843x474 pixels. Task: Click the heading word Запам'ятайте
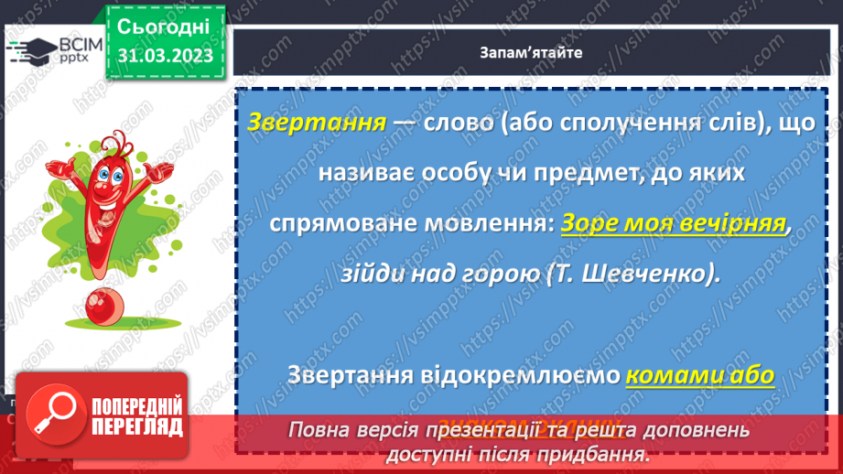(x=530, y=52)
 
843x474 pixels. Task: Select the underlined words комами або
(x=700, y=375)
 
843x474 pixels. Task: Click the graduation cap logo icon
(x=29, y=51)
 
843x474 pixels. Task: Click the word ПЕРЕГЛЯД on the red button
(x=135, y=427)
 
